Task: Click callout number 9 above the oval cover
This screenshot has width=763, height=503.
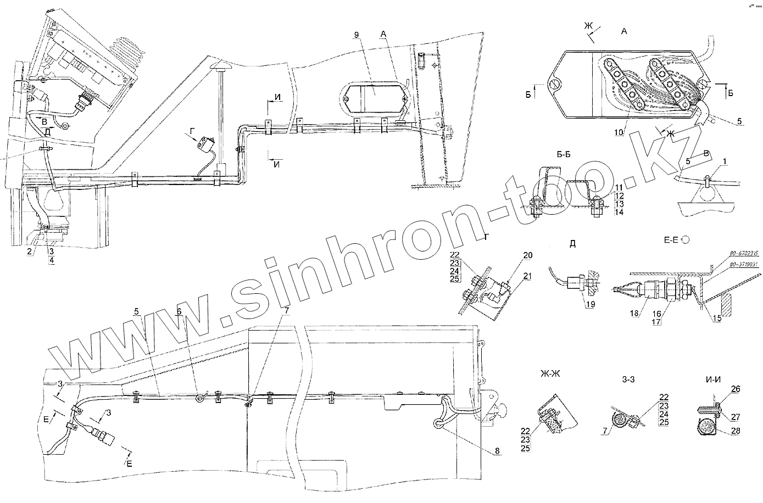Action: point(357,35)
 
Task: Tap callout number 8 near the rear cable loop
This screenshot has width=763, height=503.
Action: point(497,451)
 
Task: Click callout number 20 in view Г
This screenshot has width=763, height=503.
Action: point(528,255)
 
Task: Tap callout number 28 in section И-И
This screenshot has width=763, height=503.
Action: point(736,432)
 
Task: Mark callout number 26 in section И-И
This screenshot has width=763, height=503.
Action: point(736,389)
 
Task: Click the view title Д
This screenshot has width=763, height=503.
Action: point(572,244)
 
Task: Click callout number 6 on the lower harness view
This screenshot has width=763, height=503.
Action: point(179,311)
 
